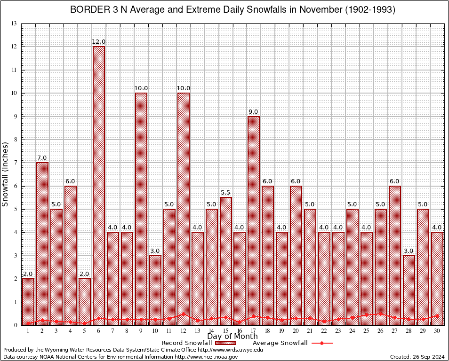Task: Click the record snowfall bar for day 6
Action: coord(99,186)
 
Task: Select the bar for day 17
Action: coord(254,220)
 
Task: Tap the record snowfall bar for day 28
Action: coord(409,290)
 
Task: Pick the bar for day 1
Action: coord(28,301)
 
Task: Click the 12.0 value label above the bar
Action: coord(99,42)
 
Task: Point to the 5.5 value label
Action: coord(225,193)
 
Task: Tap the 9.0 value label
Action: coord(254,111)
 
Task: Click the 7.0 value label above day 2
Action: coord(42,158)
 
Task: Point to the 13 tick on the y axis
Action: coord(14,24)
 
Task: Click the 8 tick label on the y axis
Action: coord(15,140)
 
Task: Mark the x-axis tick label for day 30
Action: coord(437,331)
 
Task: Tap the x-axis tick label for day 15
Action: coord(225,331)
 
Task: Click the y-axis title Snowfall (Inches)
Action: coord(6,174)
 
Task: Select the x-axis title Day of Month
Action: coord(233,337)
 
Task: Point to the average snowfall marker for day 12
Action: coord(183,314)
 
